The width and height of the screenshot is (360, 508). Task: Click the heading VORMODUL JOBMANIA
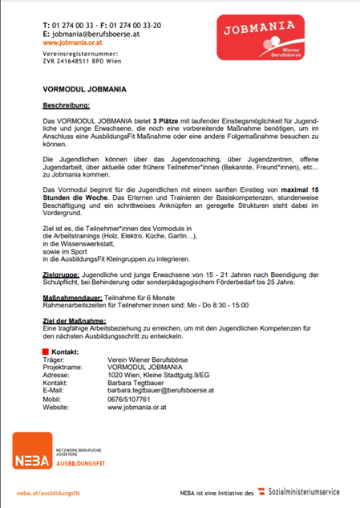[82, 89]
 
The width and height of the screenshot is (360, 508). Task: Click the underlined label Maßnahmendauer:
[71, 296]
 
